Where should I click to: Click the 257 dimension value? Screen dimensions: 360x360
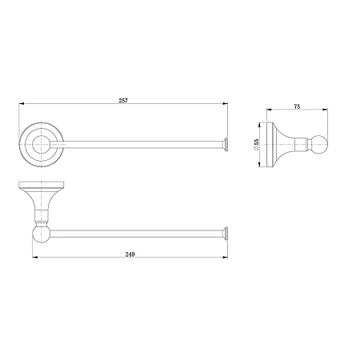(123, 101)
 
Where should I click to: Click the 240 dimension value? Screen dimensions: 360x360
(130, 254)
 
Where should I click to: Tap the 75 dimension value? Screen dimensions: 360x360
(297, 106)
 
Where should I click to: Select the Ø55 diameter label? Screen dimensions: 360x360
(257, 145)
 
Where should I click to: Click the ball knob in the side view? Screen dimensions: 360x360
(320, 145)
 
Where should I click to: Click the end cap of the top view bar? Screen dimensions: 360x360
(226, 145)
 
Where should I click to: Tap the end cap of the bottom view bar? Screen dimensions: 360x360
(226, 234)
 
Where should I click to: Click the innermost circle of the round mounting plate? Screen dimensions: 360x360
(41, 144)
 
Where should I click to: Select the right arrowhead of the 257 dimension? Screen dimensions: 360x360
(226, 103)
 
